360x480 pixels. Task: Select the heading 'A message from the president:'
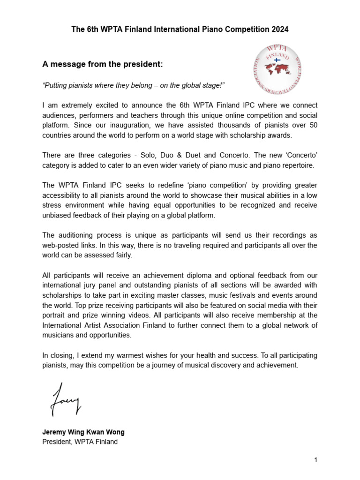click(x=103, y=64)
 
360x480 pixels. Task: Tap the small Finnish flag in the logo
click(x=277, y=60)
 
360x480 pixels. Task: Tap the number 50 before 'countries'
click(x=313, y=126)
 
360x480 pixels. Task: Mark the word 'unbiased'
click(x=57, y=215)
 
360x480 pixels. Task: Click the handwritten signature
click(x=66, y=399)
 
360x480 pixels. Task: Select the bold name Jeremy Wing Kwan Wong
click(x=83, y=432)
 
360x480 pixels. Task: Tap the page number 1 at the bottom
click(x=316, y=460)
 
